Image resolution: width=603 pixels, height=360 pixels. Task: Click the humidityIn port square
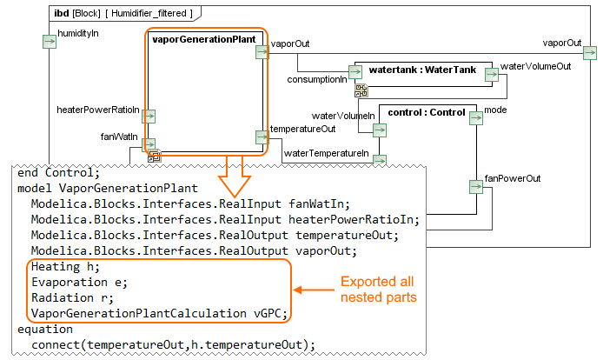click(50, 41)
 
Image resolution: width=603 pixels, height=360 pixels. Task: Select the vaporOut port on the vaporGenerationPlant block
click(262, 52)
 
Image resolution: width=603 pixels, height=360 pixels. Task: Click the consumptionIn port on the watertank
click(355, 71)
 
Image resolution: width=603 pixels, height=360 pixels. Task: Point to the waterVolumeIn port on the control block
click(379, 130)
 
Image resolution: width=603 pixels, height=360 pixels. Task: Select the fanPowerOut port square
click(474, 186)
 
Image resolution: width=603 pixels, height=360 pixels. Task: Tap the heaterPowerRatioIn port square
click(149, 116)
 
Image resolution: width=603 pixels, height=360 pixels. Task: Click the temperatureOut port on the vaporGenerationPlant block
click(262, 137)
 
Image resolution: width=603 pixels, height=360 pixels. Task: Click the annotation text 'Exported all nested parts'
click(376, 290)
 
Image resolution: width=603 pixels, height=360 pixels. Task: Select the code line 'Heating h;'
click(65, 265)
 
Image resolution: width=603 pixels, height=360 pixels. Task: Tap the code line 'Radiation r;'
click(70, 297)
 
